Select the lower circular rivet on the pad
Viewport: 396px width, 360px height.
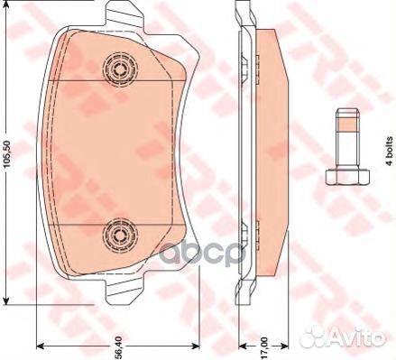click(118, 235)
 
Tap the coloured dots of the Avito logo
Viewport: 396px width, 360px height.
click(315, 337)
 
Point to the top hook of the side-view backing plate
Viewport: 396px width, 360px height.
click(241, 14)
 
